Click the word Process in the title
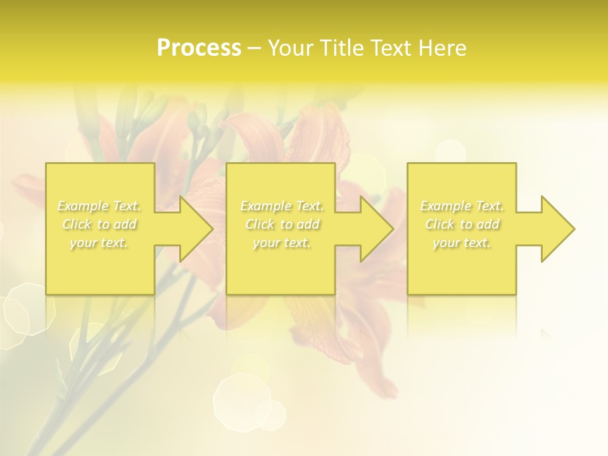(199, 48)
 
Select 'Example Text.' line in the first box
(99, 206)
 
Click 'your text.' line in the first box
(99, 243)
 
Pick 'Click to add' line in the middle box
(282, 224)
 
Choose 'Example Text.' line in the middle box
(282, 206)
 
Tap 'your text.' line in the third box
(462, 243)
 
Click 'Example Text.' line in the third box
(462, 206)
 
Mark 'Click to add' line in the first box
(99, 224)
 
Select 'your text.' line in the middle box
(282, 243)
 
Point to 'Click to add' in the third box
(462, 224)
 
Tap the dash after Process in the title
(255, 49)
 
